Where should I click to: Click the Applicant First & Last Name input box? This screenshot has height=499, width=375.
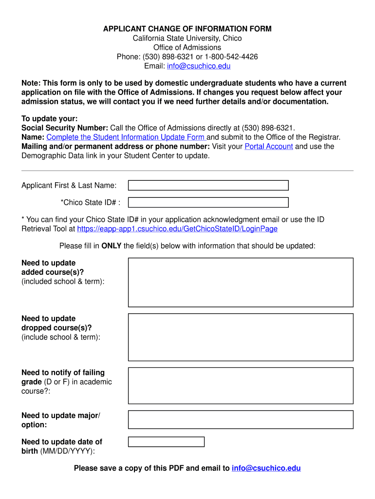point(208,185)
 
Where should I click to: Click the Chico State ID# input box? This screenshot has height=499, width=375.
point(208,202)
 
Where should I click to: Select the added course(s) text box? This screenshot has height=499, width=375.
point(241,282)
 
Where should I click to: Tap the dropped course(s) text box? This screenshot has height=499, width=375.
point(241,337)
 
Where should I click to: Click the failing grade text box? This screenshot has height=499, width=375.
point(241,385)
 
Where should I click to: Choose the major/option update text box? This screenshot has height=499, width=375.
point(241,420)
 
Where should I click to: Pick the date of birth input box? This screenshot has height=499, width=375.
point(166,442)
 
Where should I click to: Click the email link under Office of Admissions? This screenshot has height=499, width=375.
point(199,66)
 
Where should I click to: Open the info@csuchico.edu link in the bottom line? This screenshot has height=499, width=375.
point(266,468)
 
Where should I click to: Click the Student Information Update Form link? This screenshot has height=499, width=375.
point(126,137)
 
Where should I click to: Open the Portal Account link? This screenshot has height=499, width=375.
point(269,146)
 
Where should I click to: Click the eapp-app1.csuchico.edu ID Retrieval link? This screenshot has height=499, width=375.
point(177,229)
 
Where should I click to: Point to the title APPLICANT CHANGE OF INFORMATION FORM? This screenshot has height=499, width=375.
point(187,29)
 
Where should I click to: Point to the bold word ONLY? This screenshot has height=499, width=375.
point(112,246)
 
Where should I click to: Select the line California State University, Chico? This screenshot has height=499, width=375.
point(187,38)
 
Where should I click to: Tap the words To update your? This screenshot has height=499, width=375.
point(50,118)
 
